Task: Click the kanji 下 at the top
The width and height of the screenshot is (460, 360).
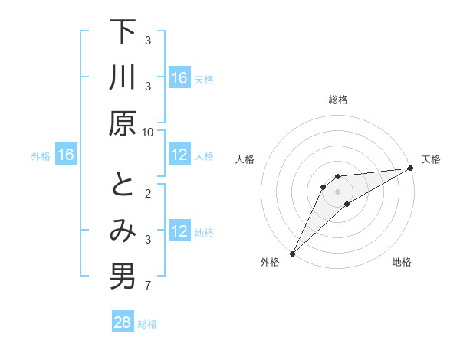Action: pos(123,32)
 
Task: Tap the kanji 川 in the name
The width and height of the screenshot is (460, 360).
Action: pos(123,78)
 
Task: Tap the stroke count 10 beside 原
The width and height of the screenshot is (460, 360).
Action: pos(148,132)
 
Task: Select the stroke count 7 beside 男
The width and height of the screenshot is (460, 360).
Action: pos(149,286)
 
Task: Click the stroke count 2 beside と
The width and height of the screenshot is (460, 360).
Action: pos(149,193)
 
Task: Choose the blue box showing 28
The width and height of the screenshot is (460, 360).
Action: pos(123,322)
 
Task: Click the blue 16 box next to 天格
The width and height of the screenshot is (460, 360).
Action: pos(179,78)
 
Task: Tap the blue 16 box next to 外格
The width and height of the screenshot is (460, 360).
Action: pos(66,155)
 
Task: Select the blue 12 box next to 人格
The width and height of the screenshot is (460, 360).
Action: pos(179,155)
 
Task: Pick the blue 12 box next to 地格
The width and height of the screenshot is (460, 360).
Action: pos(179,231)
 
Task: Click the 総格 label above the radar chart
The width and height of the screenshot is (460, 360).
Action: pos(338,100)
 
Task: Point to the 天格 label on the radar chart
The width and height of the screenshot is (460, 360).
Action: pos(431,159)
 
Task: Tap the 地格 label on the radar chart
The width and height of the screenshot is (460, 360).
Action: pos(402,263)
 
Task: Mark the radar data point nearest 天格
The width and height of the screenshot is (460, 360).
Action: pos(411,169)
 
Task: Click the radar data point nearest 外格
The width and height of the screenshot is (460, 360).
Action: pos(292,253)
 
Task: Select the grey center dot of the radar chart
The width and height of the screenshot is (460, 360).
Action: pos(338,191)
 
